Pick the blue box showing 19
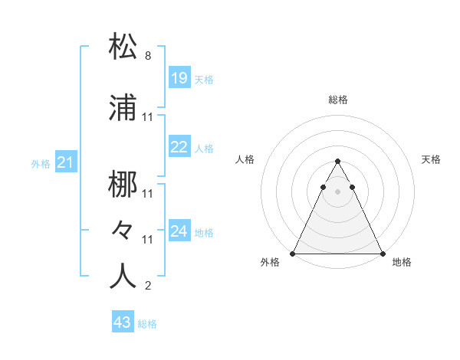(179, 77)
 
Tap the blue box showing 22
(179, 147)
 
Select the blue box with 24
(179, 231)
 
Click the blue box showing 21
(65, 162)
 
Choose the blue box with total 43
(122, 322)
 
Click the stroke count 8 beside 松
(147, 56)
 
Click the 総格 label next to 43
(147, 324)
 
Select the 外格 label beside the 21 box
(41, 163)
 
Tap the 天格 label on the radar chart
(431, 159)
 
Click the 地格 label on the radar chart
(402, 262)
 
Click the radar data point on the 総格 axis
(337, 162)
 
